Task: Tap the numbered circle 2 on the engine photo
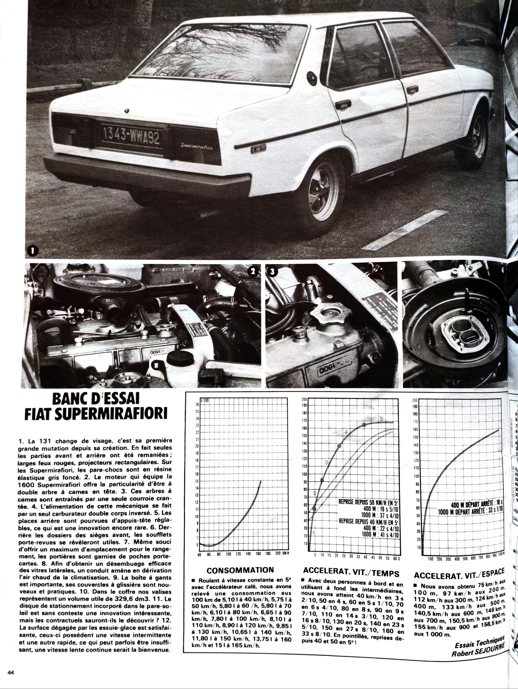coord(253,272)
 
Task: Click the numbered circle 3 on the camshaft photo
coord(272,272)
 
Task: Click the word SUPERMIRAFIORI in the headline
coord(96,414)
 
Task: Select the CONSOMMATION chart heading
coord(240,570)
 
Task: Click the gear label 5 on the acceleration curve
coord(381,419)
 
